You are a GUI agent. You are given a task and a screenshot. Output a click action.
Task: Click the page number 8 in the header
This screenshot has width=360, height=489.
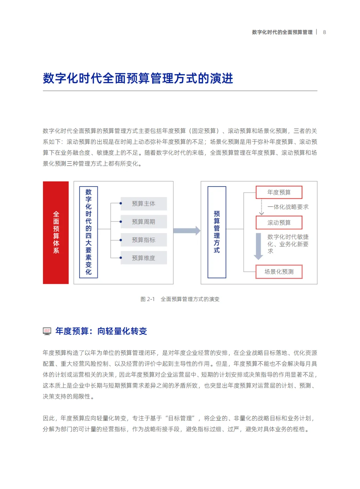coord(324,32)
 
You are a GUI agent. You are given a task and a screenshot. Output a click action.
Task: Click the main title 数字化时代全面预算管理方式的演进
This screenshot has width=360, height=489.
coord(138,78)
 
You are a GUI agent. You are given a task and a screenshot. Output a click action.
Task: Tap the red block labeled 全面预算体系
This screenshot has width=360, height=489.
coord(56,232)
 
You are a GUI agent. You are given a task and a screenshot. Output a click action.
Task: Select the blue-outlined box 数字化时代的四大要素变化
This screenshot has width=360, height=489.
coord(88,232)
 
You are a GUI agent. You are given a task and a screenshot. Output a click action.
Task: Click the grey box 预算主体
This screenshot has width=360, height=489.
coord(144,203)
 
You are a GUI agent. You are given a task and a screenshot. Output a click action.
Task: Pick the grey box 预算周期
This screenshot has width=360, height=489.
coord(144,222)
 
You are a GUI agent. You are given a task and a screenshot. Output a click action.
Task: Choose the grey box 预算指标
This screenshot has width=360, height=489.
coord(144,240)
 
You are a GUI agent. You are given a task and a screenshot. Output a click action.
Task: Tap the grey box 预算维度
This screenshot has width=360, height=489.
coord(144,258)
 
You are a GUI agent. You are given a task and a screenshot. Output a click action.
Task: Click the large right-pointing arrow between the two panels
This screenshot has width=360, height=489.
coord(187,230)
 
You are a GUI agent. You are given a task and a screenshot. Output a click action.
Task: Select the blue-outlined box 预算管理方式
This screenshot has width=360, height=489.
coord(217,232)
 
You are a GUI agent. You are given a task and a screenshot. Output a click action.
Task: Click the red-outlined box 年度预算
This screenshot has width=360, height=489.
coord(279,192)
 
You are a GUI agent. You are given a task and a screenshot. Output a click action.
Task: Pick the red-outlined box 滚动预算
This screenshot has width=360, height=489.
coord(279,222)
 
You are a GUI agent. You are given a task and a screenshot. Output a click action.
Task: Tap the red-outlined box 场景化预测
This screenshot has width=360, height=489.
coord(279,272)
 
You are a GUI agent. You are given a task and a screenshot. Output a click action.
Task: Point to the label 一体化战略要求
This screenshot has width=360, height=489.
coord(288,207)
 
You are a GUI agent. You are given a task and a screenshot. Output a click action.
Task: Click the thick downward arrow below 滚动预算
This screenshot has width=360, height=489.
coord(258,246)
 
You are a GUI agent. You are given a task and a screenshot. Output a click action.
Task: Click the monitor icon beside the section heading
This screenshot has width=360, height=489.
coord(47,331)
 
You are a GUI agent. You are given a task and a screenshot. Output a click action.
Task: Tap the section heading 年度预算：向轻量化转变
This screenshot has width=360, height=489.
coord(101,331)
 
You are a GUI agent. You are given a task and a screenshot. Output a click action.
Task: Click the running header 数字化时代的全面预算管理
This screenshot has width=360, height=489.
coord(282,32)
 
